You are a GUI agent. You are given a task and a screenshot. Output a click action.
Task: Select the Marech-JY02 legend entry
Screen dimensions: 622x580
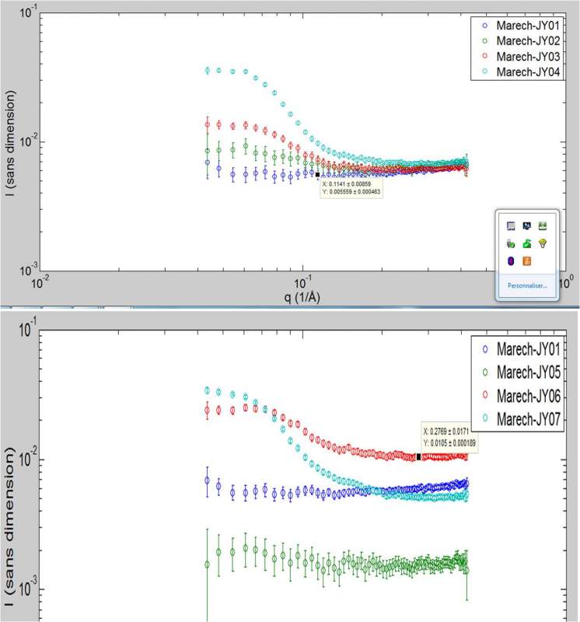point(522,40)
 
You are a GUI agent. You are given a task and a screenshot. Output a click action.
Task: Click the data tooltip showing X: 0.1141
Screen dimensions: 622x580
point(351,187)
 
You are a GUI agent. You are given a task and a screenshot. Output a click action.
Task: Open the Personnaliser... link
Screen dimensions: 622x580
point(527,285)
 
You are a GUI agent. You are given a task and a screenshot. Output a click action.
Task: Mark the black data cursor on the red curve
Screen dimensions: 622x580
point(418,457)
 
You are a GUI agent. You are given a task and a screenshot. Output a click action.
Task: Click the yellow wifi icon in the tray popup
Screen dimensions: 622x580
point(542,243)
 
